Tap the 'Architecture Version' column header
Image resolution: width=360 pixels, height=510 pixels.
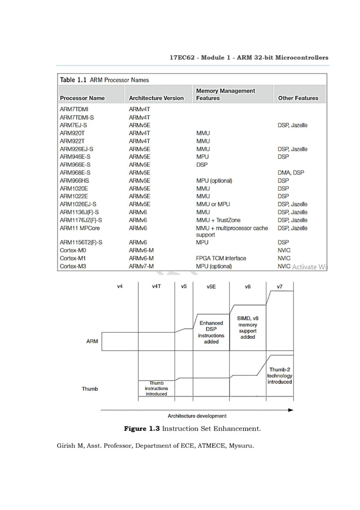(156, 98)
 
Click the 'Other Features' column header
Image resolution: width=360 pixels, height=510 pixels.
(298, 98)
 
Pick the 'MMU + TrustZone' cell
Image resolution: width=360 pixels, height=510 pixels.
(218, 220)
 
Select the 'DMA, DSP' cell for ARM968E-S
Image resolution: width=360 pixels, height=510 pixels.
(291, 172)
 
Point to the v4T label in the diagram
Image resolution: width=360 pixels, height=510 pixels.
(157, 286)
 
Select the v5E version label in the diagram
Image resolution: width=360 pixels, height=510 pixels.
(210, 286)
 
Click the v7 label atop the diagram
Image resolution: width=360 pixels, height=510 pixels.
(279, 286)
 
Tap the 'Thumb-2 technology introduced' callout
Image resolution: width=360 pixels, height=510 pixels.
(279, 376)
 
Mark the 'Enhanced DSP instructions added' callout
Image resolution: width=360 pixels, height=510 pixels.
(211, 332)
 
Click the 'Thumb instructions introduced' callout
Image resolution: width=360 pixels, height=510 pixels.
(156, 389)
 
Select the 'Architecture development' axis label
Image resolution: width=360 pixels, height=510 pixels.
(197, 416)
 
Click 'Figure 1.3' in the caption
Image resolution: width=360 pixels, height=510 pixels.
(142, 429)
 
